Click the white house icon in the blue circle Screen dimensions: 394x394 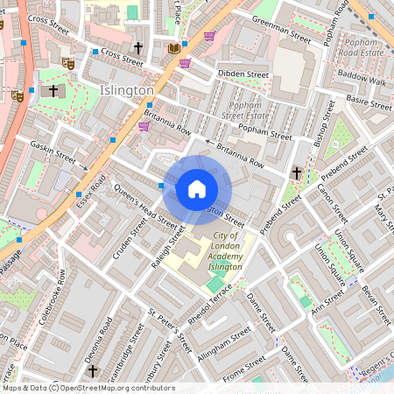[x=197, y=189]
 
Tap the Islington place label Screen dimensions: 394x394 [x=126, y=90]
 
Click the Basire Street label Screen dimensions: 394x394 [x=369, y=102]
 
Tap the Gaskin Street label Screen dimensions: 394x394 [x=53, y=152]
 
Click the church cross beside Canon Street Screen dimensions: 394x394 [x=297, y=173]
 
